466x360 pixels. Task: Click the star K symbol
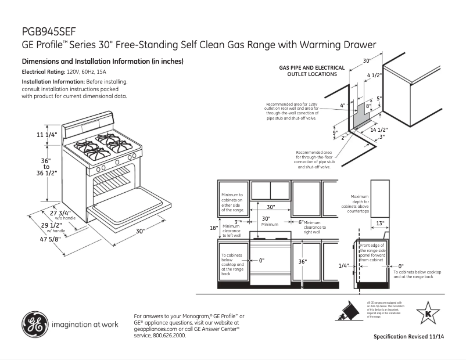click(428, 314)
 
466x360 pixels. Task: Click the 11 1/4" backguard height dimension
click(48, 135)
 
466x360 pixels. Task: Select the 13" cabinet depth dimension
click(379, 222)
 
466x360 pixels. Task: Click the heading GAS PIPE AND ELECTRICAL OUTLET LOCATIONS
click(311, 71)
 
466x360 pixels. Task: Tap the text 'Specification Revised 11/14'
click(413, 337)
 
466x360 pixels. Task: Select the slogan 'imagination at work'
click(85, 324)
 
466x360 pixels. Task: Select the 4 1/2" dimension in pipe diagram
click(374, 75)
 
